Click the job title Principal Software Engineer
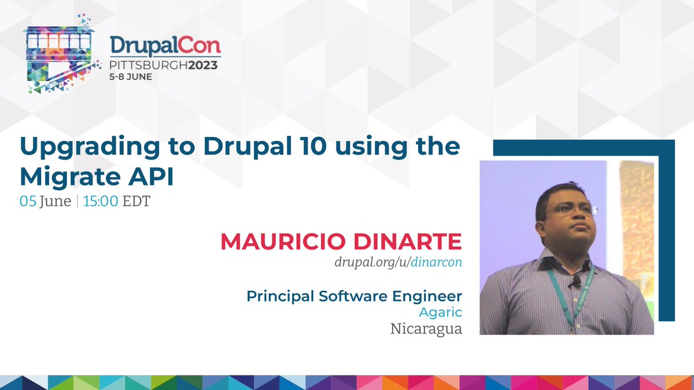tap(354, 296)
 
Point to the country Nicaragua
tap(426, 329)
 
